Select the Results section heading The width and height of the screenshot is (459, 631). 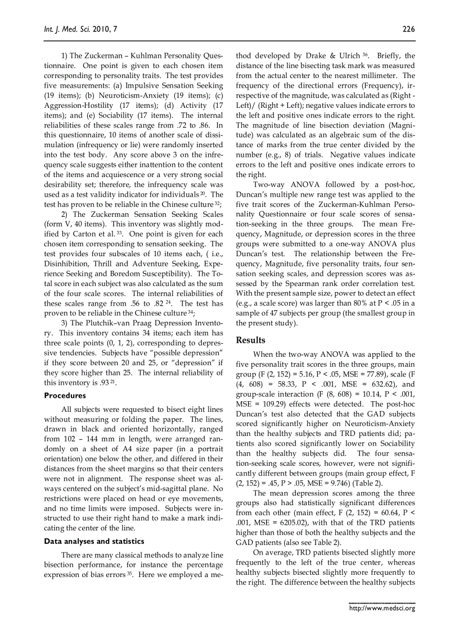point(251,340)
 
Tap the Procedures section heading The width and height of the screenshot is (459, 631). point(65,396)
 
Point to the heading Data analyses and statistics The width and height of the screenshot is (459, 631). point(94,541)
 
